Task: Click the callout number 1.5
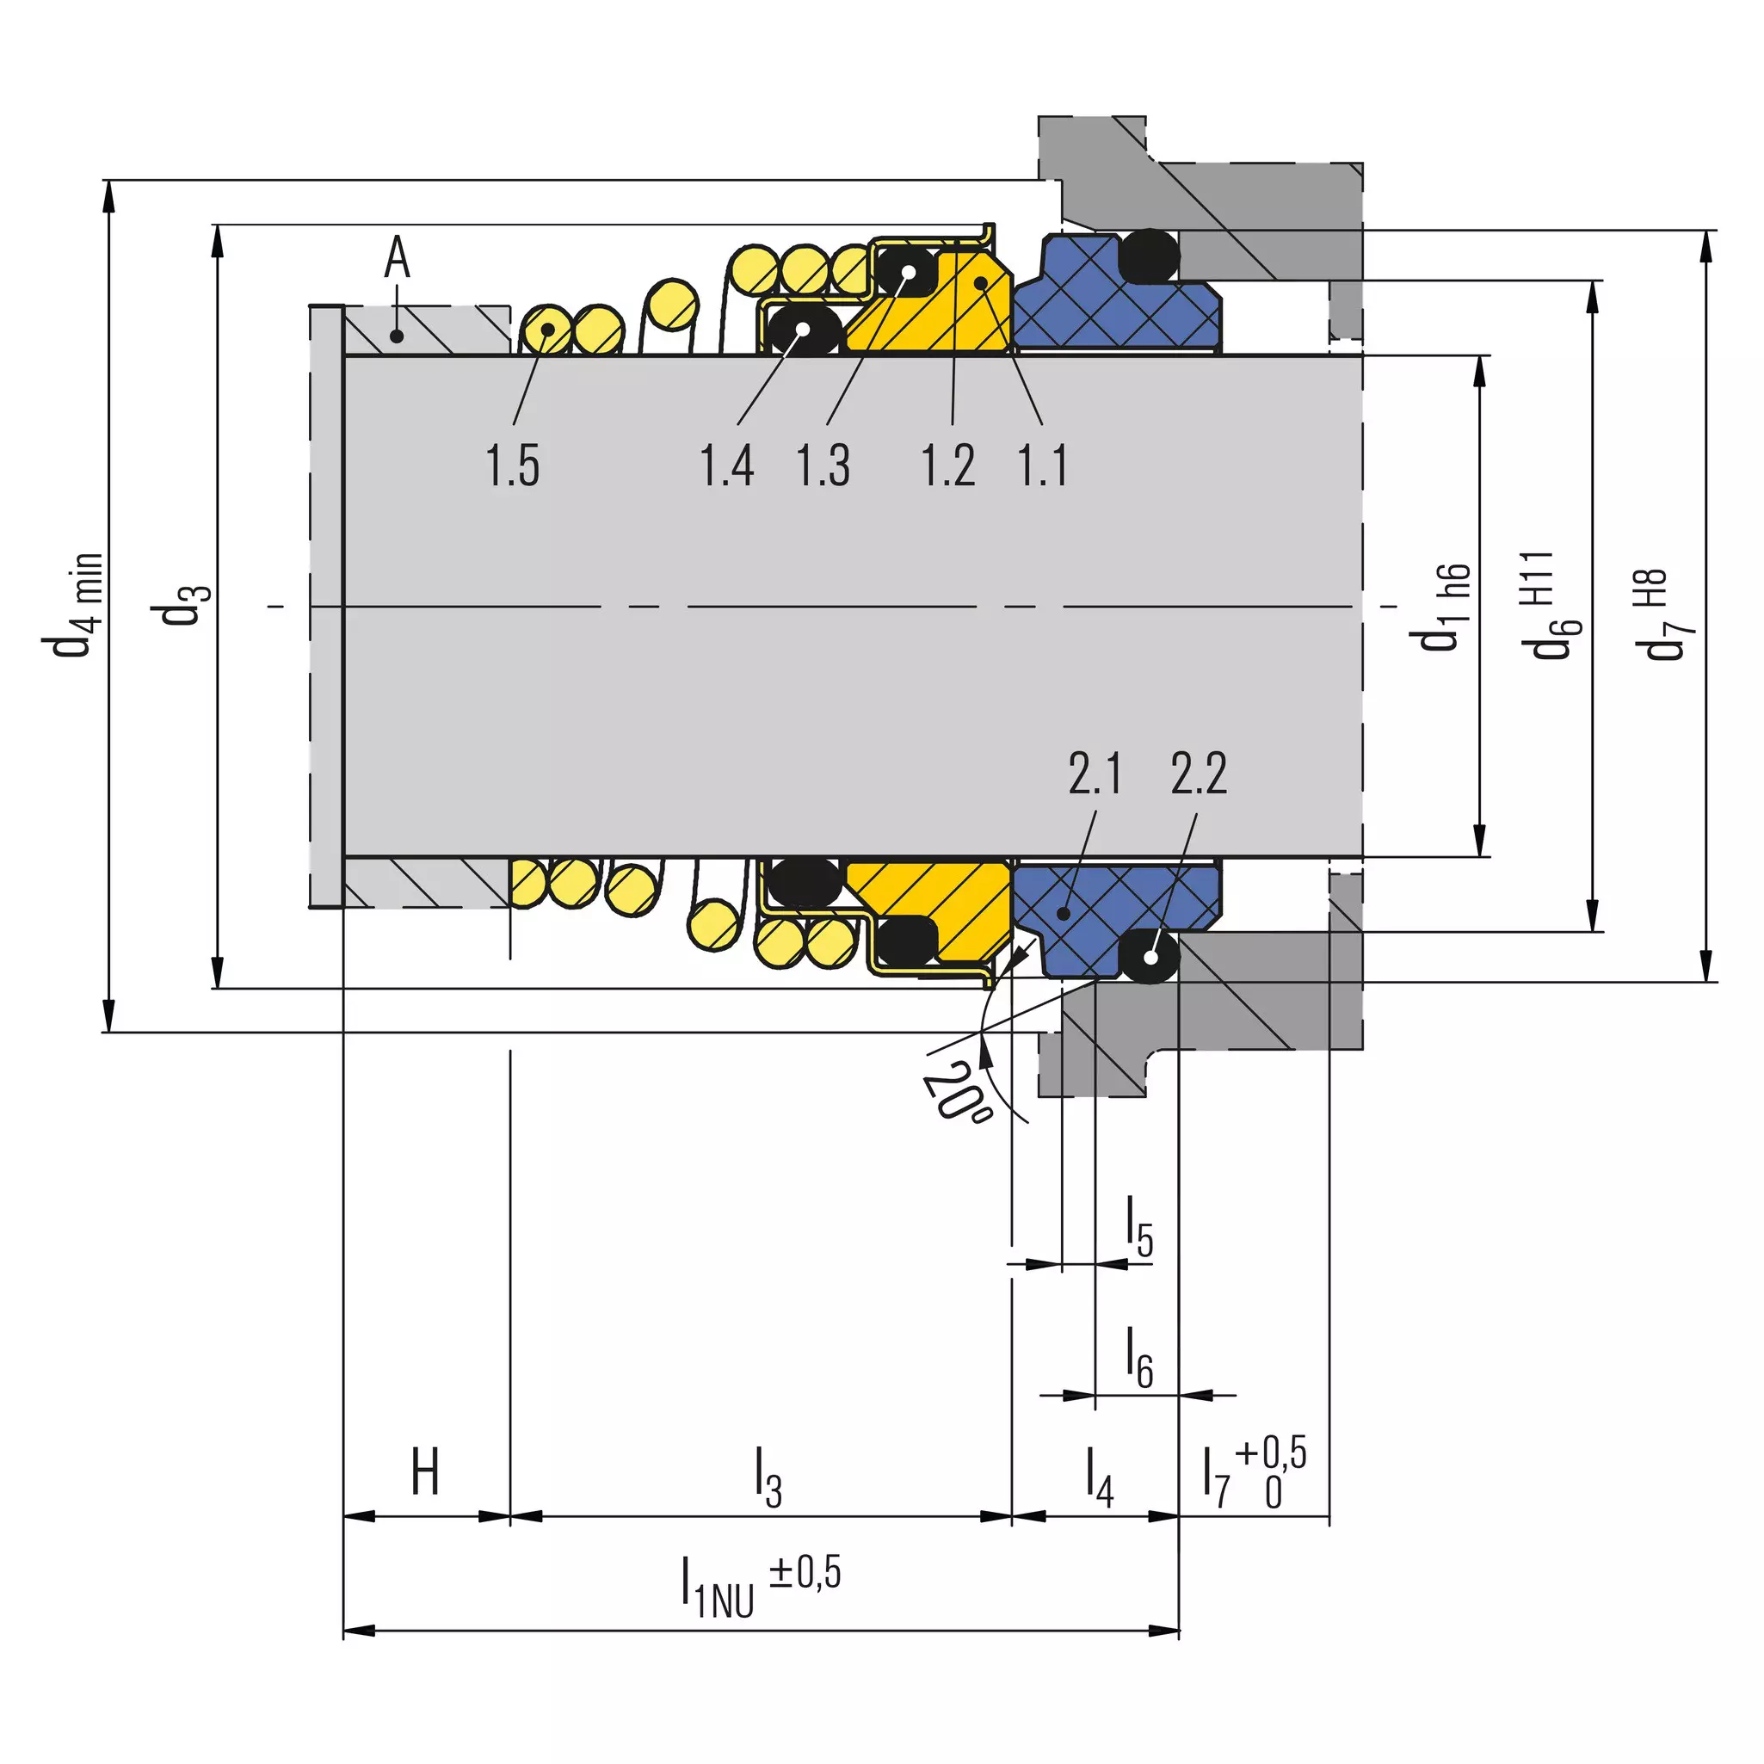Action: click(512, 465)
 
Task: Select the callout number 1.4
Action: click(727, 465)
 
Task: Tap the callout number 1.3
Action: click(823, 465)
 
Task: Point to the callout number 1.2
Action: click(947, 465)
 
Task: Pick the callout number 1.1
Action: click(1043, 465)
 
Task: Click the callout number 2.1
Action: click(1095, 774)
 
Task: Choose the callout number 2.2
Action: click(1199, 774)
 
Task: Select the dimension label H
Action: click(425, 1471)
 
